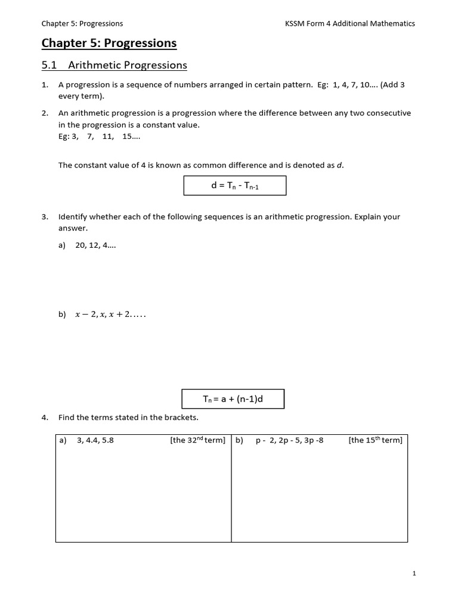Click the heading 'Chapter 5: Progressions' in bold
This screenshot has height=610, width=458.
tap(109, 43)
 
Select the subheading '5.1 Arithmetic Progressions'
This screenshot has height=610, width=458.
tap(114, 65)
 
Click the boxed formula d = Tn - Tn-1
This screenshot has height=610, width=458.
tap(234, 185)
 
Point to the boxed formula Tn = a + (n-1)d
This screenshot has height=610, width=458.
tap(233, 399)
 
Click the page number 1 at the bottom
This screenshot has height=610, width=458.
tap(414, 573)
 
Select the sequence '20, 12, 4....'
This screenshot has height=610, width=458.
tap(95, 245)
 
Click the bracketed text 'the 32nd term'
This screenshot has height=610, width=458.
tap(197, 441)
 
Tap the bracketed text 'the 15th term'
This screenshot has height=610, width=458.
tap(375, 441)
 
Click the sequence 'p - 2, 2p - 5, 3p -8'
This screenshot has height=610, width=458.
tap(289, 441)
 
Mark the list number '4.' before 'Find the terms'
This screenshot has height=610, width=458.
tap(45, 417)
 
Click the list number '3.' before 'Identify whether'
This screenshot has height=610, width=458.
tap(45, 217)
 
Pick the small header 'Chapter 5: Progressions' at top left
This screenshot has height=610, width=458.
tap(82, 24)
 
